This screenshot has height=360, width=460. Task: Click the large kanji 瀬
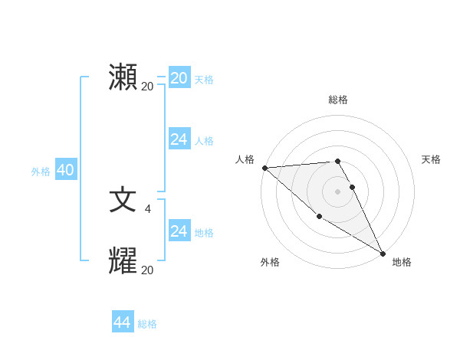(123, 77)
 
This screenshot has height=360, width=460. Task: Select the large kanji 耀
(123, 261)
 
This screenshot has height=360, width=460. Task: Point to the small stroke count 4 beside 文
(147, 208)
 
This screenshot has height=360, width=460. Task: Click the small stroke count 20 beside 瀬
(147, 87)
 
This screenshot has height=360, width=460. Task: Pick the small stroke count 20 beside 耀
(147, 270)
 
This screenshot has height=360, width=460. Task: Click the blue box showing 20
(179, 78)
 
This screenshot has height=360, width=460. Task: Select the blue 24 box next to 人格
(179, 139)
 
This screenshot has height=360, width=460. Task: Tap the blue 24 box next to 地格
(179, 231)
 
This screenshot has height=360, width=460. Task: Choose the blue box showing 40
(65, 170)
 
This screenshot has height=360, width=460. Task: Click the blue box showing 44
(123, 322)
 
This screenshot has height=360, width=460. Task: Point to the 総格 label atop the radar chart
(338, 100)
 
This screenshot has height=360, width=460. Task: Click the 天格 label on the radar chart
(432, 159)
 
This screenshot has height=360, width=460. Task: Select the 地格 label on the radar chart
(402, 263)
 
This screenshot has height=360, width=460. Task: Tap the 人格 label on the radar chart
(245, 159)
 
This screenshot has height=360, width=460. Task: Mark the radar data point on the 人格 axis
(264, 167)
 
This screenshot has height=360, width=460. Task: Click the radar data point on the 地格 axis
(383, 253)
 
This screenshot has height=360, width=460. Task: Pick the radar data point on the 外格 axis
(319, 217)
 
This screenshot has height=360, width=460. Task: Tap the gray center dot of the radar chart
(338, 191)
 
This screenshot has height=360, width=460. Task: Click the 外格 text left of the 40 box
(41, 172)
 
